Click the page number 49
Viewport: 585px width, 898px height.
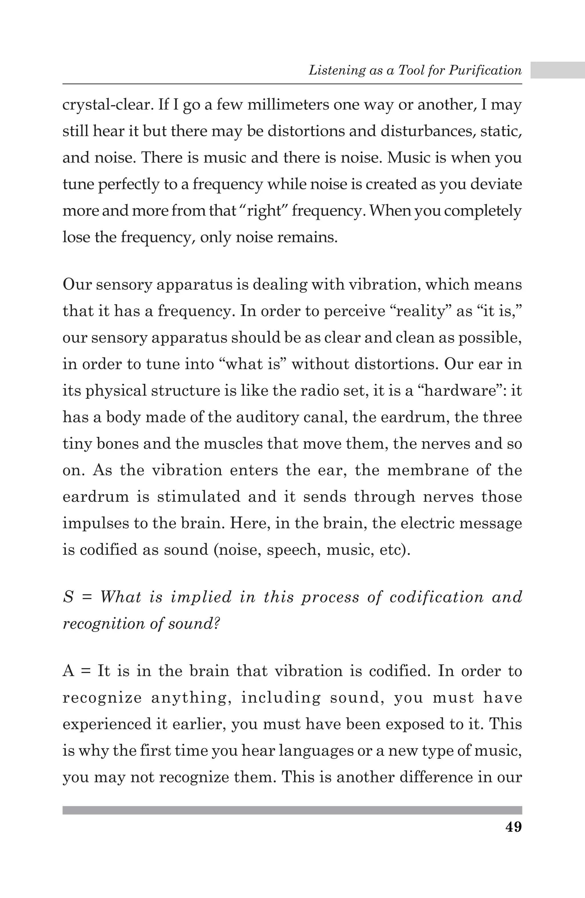513,827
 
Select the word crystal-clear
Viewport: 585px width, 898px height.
107,105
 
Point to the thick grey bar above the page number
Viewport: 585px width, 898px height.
292,810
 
